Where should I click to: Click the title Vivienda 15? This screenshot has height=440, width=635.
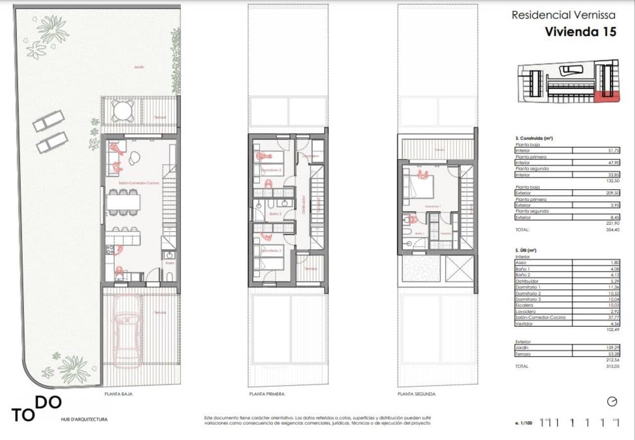580,31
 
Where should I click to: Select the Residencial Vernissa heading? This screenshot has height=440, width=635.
564,15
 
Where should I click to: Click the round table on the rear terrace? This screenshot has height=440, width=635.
123,111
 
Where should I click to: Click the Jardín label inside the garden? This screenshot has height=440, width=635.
139,67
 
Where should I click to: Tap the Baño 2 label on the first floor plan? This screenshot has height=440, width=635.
275,214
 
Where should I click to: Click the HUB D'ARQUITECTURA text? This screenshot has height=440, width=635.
84,420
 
